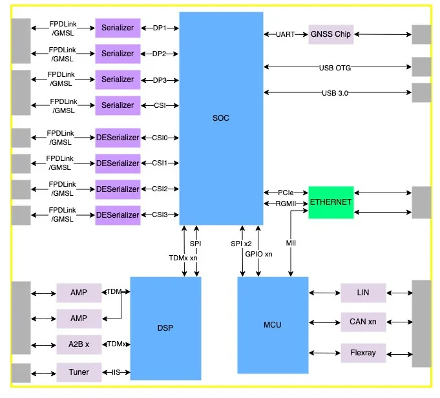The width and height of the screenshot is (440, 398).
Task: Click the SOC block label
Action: (221, 118)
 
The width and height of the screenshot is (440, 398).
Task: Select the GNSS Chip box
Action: (331, 34)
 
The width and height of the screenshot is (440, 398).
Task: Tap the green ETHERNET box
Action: (331, 202)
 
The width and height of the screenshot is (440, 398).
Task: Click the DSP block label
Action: (165, 328)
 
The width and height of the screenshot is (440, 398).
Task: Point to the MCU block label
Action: (273, 325)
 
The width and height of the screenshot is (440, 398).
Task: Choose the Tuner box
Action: (79, 372)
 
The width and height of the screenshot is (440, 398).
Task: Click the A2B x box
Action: (79, 344)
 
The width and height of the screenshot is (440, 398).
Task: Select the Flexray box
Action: (363, 353)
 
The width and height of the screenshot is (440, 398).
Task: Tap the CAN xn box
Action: (363, 322)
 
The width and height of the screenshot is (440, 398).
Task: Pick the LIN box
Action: (363, 293)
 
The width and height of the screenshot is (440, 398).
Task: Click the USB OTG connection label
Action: (335, 68)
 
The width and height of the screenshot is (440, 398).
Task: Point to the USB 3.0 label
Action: (335, 93)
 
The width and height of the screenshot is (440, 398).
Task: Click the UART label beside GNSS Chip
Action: (286, 34)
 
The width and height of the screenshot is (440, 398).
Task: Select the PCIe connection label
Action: (286, 193)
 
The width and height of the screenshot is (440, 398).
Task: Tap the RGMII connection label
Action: (286, 204)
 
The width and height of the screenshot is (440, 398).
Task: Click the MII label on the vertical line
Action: (291, 243)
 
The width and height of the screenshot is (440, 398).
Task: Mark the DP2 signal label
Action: (159, 54)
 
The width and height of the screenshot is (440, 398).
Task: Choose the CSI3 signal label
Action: (160, 215)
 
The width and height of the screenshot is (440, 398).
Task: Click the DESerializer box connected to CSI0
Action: (118, 138)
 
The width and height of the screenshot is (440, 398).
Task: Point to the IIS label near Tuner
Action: (116, 372)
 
